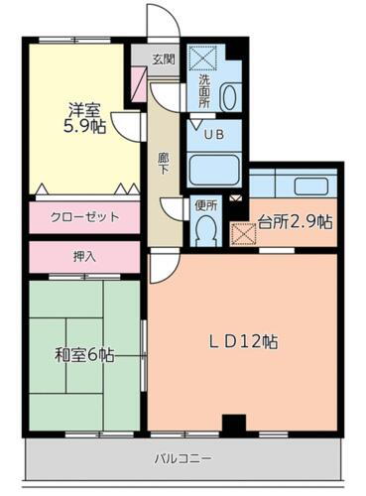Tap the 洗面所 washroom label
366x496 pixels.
[x=203, y=90]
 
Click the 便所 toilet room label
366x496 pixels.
[x=206, y=206]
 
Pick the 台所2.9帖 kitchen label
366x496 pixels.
[x=295, y=221]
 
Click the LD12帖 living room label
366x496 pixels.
[x=243, y=342]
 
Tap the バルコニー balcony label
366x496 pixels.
[x=183, y=458]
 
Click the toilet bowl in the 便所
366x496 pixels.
[x=206, y=230]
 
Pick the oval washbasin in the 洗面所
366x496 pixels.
[x=228, y=97]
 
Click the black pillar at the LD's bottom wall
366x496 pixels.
[x=233, y=424]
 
